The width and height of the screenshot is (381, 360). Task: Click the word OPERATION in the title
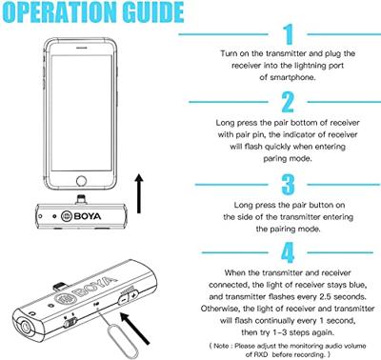[x=59, y=12]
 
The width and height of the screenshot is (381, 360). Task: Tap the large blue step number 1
[x=289, y=34]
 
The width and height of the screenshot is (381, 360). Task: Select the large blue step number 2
[x=288, y=102]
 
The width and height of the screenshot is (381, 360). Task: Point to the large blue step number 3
[x=288, y=184]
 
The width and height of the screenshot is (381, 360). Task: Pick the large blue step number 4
[x=288, y=252]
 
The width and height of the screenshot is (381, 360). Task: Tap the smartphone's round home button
[x=82, y=181]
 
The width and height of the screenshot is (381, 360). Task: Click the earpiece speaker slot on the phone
[x=82, y=48]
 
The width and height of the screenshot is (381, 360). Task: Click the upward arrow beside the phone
[x=139, y=193]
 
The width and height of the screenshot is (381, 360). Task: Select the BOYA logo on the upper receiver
[x=81, y=216]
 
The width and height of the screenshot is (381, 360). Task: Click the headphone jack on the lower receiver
[x=25, y=326]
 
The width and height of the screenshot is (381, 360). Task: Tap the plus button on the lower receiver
[x=133, y=294]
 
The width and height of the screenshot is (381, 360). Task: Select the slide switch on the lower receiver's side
[x=70, y=323]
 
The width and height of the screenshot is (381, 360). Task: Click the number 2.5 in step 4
[x=326, y=296]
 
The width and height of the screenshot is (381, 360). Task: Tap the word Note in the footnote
[x=221, y=346]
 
